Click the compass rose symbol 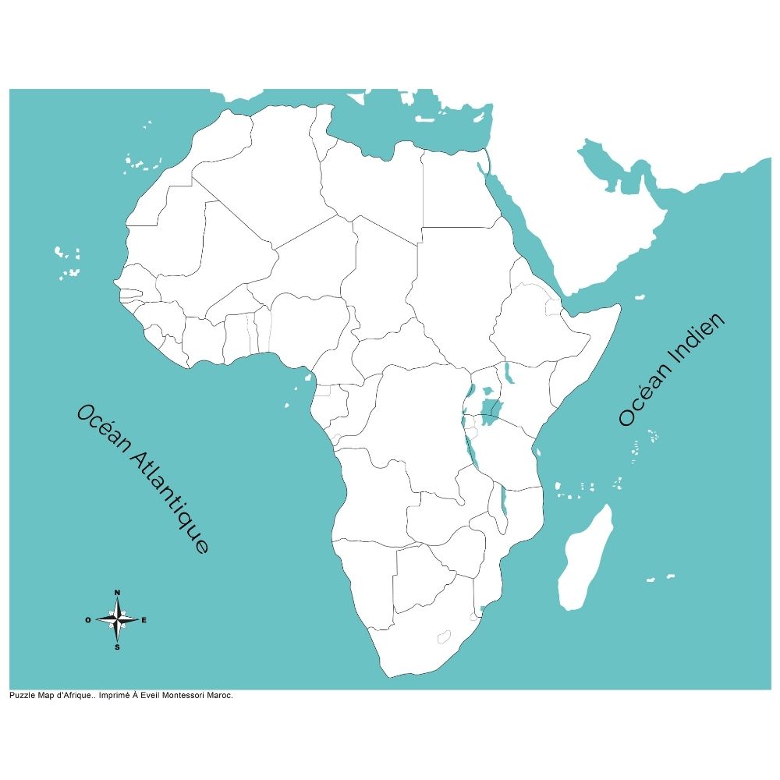(x=117, y=620)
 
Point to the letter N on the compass (x=117, y=593)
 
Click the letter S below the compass (x=117, y=647)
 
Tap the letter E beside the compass (x=144, y=620)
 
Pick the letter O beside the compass (x=88, y=620)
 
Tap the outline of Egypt (x=456, y=191)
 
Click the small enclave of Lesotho (x=445, y=636)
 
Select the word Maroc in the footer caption (x=222, y=695)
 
